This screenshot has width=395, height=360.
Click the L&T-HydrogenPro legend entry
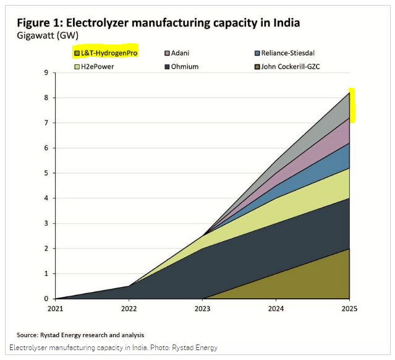106,53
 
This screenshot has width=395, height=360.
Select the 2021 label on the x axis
56,307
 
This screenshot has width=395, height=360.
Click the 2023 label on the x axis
203,307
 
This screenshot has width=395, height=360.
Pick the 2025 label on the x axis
350,307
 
